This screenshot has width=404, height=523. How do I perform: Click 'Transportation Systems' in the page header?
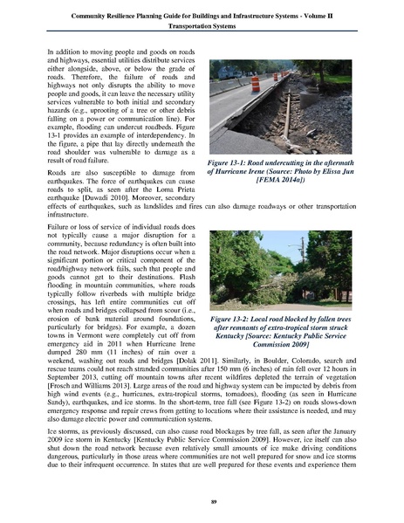click(x=202, y=26)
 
